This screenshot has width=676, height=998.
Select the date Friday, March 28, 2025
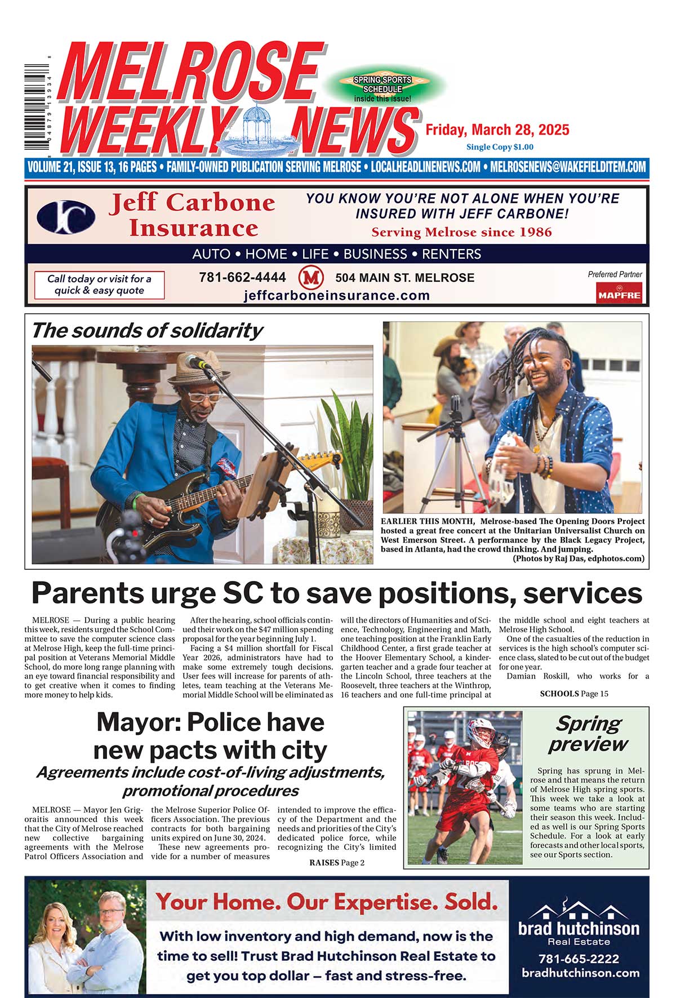497,130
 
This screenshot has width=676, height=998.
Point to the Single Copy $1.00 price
499,147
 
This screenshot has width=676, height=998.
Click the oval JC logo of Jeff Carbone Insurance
66,217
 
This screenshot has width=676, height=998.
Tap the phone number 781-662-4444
242,278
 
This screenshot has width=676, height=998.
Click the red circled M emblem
310,277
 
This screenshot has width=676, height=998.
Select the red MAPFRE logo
619,293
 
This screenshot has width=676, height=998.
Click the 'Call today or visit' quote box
99,285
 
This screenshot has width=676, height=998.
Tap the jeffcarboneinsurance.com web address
336,295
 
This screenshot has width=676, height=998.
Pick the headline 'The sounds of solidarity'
146,330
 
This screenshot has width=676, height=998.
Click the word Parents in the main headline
87,593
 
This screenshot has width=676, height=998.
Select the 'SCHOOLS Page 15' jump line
573,694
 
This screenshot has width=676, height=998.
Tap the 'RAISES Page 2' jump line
336,862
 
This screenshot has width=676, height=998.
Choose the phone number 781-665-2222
579,959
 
